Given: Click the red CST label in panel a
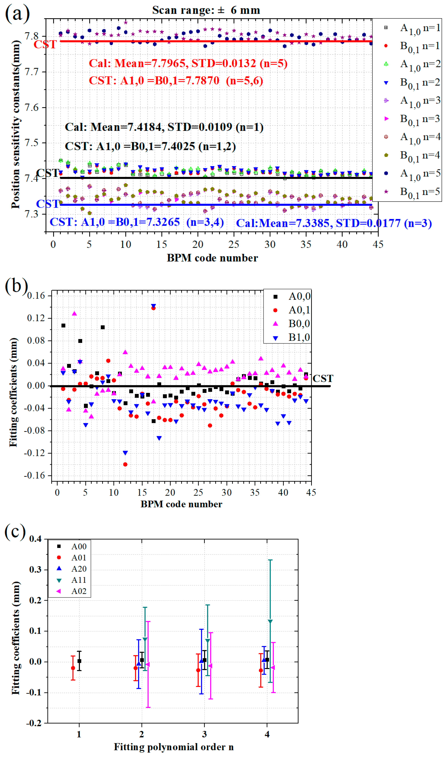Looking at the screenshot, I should click(x=45, y=45).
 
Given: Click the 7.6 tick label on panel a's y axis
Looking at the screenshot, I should click(x=32, y=107).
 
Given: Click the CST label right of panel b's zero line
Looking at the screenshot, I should click(x=323, y=378).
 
